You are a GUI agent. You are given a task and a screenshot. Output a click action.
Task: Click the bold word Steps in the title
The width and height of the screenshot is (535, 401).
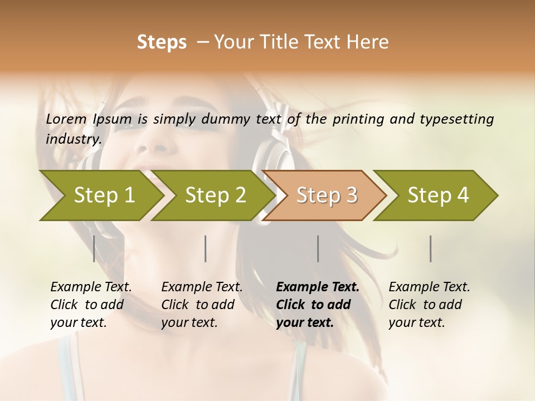pyautogui.click(x=162, y=42)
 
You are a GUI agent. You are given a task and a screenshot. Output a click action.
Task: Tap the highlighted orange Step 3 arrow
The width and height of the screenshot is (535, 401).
pyautogui.click(x=327, y=195)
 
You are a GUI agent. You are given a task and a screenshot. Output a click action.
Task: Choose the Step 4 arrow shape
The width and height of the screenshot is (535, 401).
pyautogui.click(x=438, y=195)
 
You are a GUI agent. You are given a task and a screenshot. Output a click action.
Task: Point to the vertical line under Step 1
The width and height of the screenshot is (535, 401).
pyautogui.click(x=94, y=248)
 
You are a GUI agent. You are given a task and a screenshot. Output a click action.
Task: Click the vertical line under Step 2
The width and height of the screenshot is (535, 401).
pyautogui.click(x=206, y=248)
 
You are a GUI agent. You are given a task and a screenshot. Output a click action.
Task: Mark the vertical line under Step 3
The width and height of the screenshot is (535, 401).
pyautogui.click(x=318, y=248)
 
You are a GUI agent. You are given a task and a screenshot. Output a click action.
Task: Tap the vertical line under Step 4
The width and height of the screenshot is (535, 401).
pyautogui.click(x=431, y=248)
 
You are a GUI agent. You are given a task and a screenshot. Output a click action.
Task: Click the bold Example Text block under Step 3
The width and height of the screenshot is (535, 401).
pyautogui.click(x=318, y=305)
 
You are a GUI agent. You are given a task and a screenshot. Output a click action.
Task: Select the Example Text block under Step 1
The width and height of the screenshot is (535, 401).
pyautogui.click(x=91, y=305)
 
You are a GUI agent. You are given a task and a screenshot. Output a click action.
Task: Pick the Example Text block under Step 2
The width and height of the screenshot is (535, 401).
pyautogui.click(x=202, y=305)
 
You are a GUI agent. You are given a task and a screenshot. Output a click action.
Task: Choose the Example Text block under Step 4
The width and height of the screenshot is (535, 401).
pyautogui.click(x=429, y=305)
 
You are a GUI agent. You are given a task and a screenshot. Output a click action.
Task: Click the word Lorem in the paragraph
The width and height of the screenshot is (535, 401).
pyautogui.click(x=66, y=119)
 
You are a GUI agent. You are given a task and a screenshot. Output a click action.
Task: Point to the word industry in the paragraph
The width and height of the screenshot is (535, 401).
pyautogui.click(x=73, y=139)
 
